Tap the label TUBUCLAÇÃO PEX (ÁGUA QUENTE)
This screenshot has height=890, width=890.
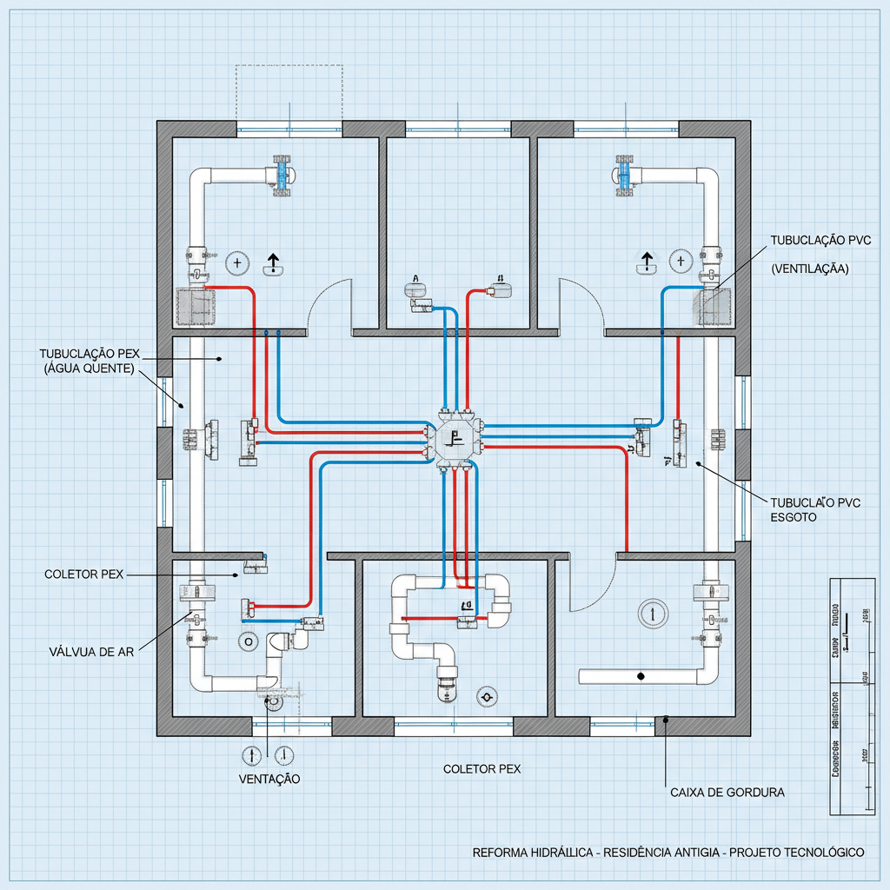(x=90, y=362)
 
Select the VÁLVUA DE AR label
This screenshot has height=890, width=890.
(x=90, y=651)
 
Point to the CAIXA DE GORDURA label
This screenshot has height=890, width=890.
(x=727, y=793)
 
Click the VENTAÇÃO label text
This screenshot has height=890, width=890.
(x=269, y=779)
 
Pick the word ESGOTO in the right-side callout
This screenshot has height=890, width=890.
(x=794, y=516)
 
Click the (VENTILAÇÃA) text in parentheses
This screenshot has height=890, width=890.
(x=810, y=269)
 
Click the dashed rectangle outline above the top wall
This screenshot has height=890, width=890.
(x=289, y=91)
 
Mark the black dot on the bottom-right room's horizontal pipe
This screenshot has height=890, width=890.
(x=641, y=675)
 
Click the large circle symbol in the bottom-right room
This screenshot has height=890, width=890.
(x=650, y=612)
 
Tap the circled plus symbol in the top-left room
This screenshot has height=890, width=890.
(x=236, y=261)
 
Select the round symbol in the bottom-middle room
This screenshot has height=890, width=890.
(x=486, y=696)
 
